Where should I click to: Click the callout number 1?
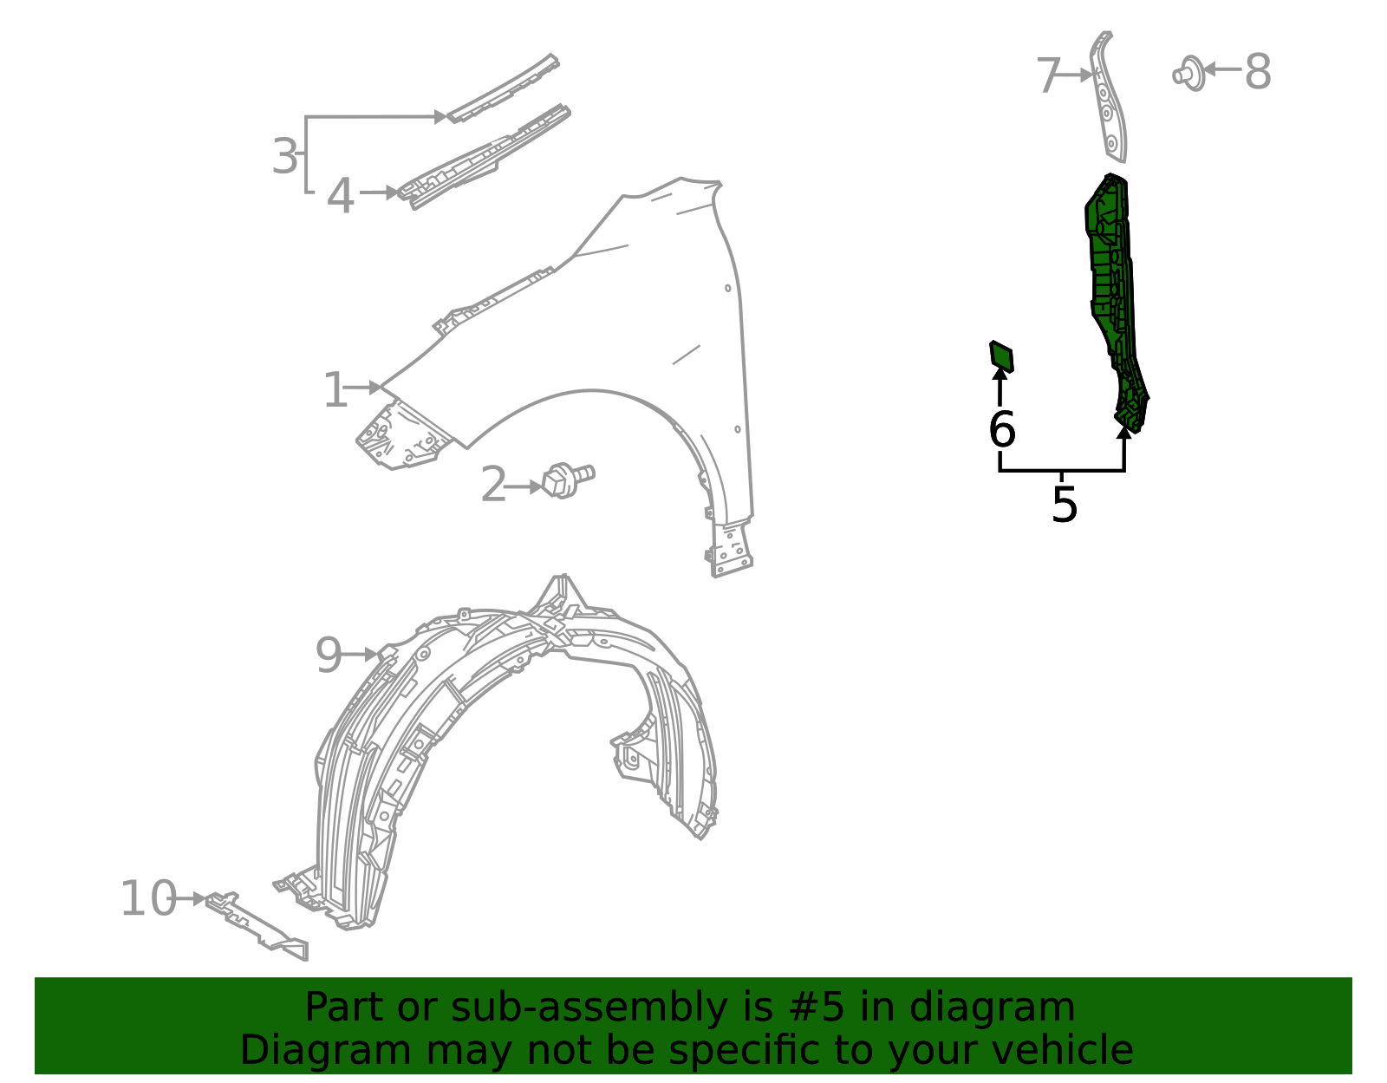(x=335, y=390)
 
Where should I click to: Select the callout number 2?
(x=493, y=484)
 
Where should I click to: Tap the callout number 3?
(x=284, y=156)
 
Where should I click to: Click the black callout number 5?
(x=1064, y=505)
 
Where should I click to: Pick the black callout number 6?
(x=1001, y=429)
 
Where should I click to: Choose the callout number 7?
(x=1049, y=76)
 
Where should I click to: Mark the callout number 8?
(x=1258, y=72)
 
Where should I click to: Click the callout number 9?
(x=329, y=656)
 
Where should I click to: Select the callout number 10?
(x=149, y=898)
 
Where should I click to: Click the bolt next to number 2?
(x=568, y=480)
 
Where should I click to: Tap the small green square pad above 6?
(x=1001, y=356)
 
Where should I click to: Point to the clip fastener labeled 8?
(x=1189, y=74)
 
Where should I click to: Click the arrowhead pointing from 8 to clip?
(x=1208, y=69)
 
